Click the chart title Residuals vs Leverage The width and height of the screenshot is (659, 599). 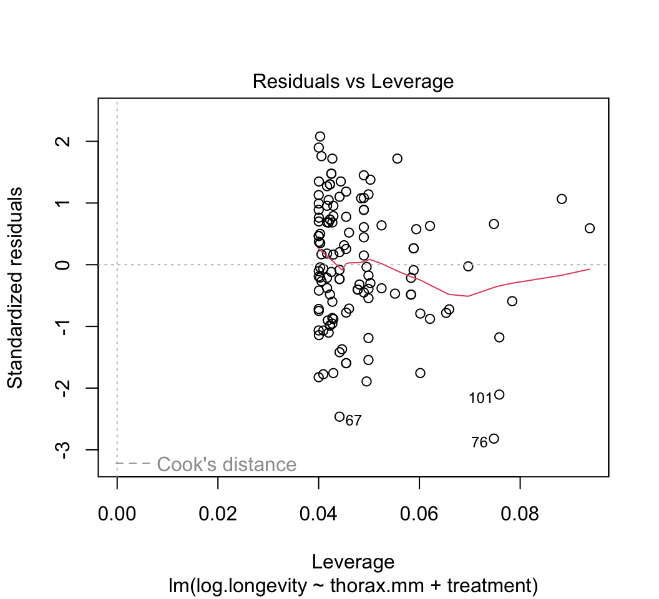353,82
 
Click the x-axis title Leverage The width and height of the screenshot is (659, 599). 353,562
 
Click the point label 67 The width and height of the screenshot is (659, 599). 354,421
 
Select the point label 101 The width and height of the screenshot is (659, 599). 481,398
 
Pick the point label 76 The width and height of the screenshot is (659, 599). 479,443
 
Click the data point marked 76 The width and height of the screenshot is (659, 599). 494,439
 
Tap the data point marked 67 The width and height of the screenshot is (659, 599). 339,416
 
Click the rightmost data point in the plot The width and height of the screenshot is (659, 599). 590,228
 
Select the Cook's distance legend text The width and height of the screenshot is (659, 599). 227,464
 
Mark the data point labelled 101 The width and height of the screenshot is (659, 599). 499,394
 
